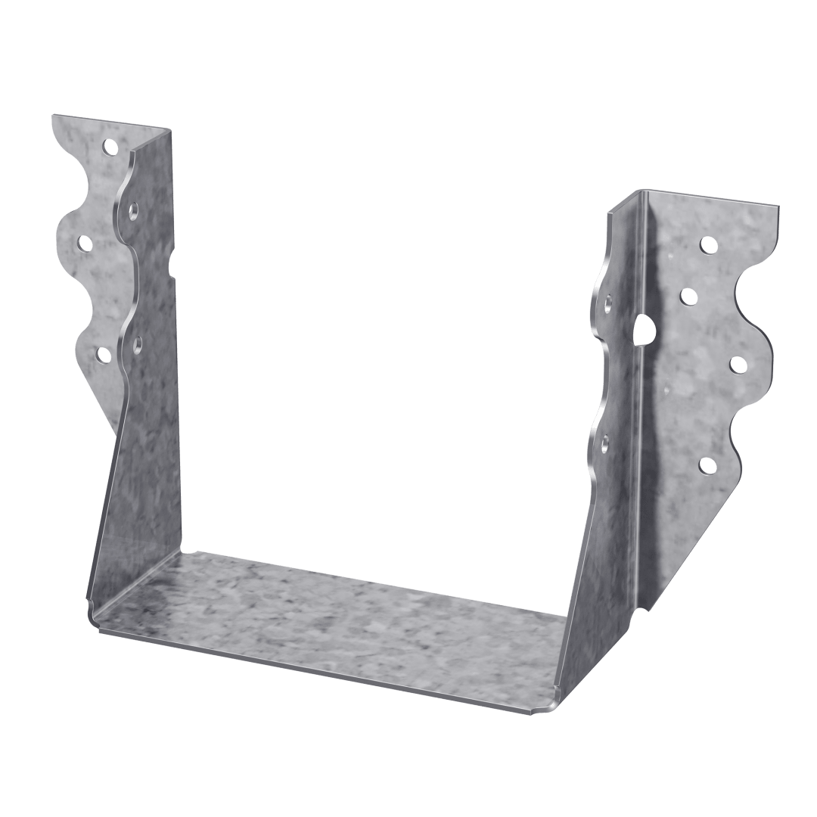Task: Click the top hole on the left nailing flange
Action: pos(110,145)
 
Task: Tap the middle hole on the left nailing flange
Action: pos(85,244)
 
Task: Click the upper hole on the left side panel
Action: pos(133,209)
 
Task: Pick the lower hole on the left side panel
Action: pos(138,345)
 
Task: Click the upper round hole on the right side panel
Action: pos(608,304)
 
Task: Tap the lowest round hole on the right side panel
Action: pos(605,443)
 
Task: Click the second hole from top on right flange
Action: pos(688,296)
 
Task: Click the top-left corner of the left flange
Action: pos(51,115)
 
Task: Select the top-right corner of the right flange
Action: pos(779,204)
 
